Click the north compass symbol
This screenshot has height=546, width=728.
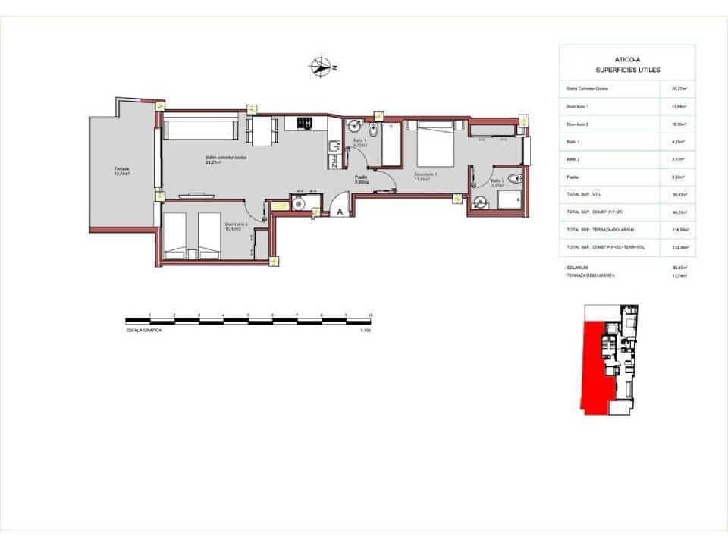tap(322, 67)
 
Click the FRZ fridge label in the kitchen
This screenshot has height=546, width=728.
tap(334, 159)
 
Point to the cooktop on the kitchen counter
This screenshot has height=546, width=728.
tap(304, 122)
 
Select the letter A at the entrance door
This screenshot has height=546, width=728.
tap(340, 213)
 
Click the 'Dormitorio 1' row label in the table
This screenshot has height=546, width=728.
tap(578, 106)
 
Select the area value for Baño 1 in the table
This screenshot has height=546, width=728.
tap(678, 142)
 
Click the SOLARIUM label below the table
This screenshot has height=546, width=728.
tap(577, 268)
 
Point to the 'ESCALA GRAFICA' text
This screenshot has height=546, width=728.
tap(144, 331)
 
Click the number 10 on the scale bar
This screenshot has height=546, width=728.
tap(370, 315)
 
